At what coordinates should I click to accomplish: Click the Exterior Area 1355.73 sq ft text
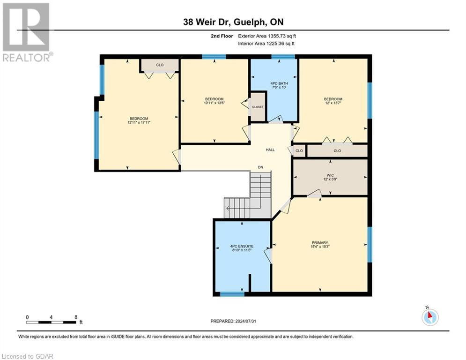266,36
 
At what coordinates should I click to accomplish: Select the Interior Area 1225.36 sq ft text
266,44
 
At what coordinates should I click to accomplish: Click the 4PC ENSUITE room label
241,246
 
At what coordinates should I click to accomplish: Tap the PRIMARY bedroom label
320,243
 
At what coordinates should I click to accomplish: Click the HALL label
270,150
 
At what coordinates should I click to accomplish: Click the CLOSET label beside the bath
258,107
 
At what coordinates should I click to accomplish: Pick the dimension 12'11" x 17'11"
139,123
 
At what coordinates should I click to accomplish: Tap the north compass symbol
429,317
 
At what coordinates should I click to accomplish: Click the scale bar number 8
76,317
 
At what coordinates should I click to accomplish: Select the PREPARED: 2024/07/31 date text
233,321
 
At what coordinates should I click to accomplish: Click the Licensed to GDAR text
27,356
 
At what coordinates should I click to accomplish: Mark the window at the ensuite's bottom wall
232,294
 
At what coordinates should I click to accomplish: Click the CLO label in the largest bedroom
160,65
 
